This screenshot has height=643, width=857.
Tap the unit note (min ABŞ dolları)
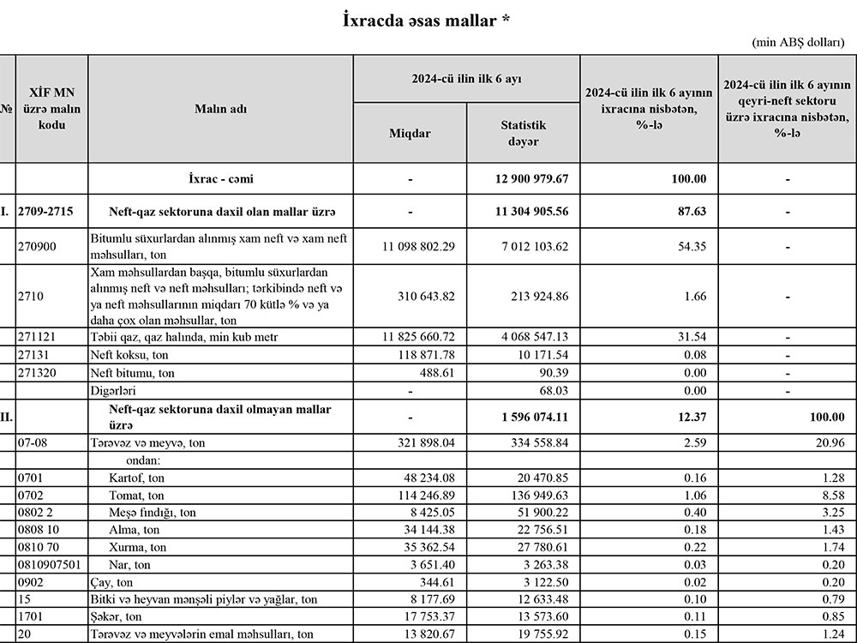tap(802, 42)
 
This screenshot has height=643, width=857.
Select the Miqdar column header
tap(410, 134)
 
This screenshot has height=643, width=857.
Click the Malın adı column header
tap(220, 109)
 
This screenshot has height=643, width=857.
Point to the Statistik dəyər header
tap(523, 133)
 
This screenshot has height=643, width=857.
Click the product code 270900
tap(37, 247)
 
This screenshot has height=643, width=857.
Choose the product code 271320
tap(37, 373)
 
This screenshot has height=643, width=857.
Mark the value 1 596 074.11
tap(531, 417)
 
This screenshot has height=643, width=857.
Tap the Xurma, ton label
tap(138, 547)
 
